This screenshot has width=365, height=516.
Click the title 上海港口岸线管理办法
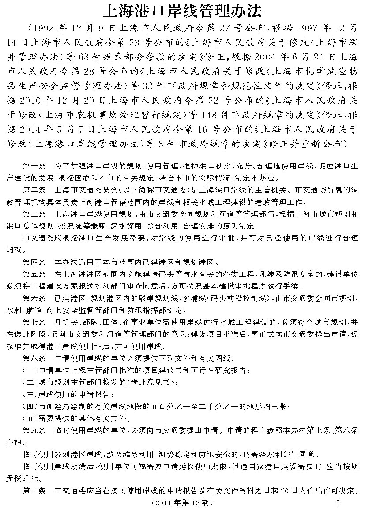(x=182, y=10)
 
